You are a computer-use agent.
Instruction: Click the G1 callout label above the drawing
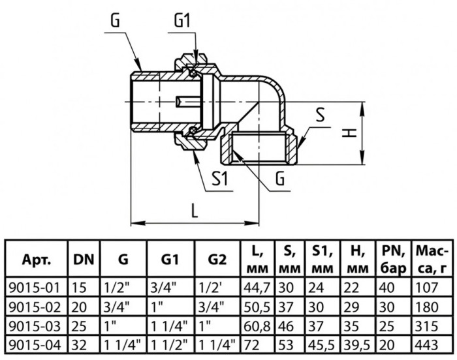pos(182,21)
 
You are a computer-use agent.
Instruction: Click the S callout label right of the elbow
pos(320,115)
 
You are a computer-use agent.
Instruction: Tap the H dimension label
pos(349,134)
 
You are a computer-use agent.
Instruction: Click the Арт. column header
pos(37,260)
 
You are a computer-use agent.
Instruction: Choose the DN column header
pos(84,259)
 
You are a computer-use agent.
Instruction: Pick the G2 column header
pos(217,259)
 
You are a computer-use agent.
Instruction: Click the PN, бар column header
pos(394,260)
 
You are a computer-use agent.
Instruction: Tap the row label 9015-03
pos(35,326)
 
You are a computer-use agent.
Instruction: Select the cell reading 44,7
pos(257,288)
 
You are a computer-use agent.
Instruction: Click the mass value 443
pos(427,346)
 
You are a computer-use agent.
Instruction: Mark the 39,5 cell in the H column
pos(356,346)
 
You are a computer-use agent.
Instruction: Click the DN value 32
pos(79,346)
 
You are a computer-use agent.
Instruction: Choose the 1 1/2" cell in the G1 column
pos(168,346)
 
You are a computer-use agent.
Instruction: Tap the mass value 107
pos(426,288)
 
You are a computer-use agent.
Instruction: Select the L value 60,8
pos(257,327)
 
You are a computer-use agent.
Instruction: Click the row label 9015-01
pos(35,288)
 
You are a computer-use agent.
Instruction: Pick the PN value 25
pos(386,326)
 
